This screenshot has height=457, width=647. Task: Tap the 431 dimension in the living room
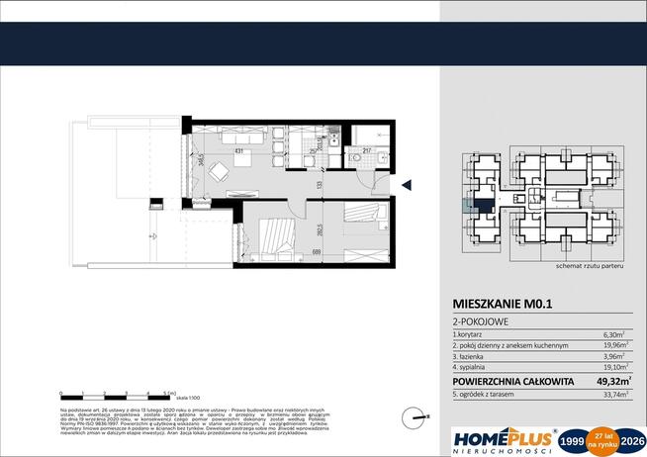(238, 150)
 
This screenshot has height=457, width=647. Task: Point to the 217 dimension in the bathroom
(367, 150)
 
